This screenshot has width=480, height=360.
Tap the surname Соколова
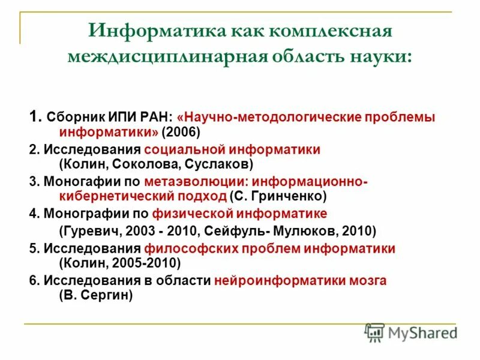click(x=139, y=163)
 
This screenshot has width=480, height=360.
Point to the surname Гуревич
click(x=88, y=230)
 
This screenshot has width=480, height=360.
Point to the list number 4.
click(x=32, y=214)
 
